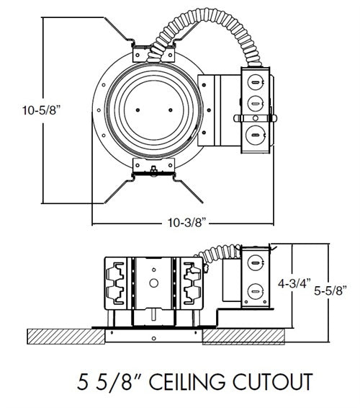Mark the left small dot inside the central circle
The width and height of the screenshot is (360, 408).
[137, 110]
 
